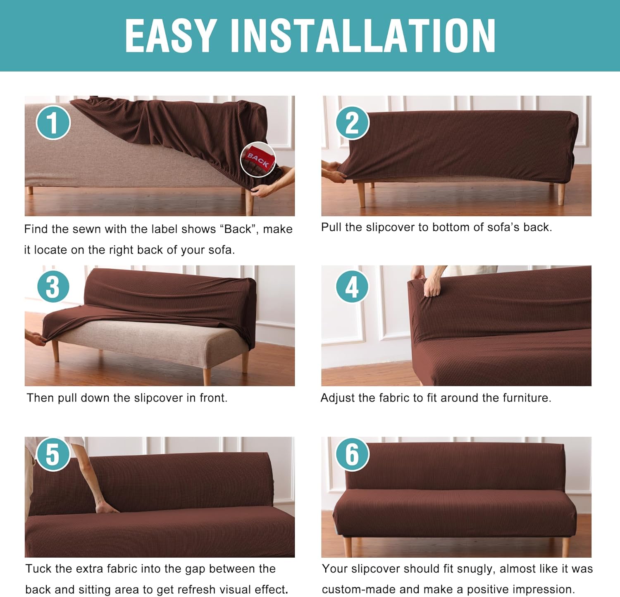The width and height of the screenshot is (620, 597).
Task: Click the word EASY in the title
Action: (x=171, y=36)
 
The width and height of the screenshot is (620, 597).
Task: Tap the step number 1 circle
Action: (x=53, y=122)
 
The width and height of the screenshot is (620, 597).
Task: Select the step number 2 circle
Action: (x=352, y=122)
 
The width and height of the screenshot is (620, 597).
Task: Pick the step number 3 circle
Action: (x=53, y=287)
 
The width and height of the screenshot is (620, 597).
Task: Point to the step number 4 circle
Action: (x=352, y=287)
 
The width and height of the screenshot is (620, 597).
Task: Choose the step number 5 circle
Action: (x=53, y=454)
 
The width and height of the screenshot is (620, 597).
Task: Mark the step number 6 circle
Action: (x=352, y=454)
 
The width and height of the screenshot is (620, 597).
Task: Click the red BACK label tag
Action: (x=258, y=159)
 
